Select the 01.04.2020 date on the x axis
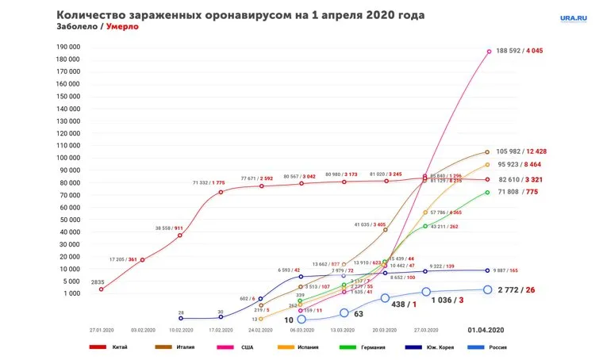(x=486, y=329)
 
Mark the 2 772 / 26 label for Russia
(x=516, y=290)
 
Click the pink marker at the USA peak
(x=489, y=52)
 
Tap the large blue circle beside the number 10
(x=301, y=319)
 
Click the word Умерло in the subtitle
(x=122, y=26)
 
